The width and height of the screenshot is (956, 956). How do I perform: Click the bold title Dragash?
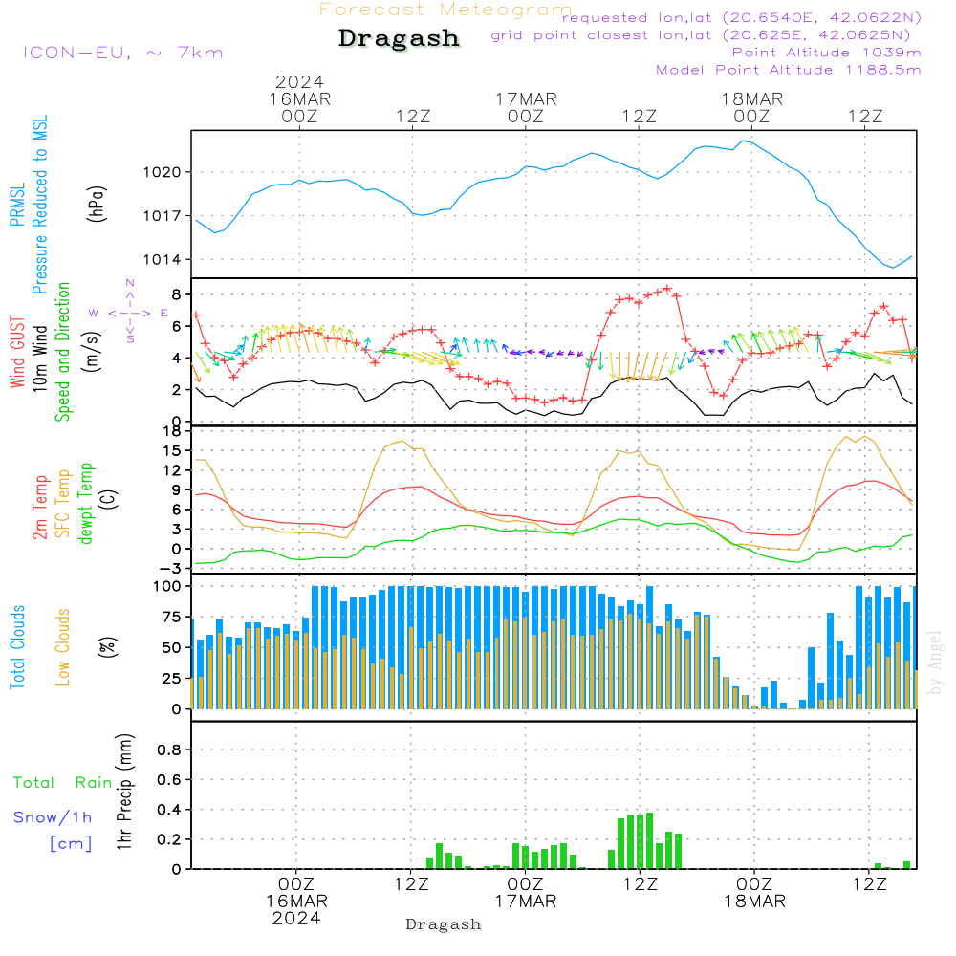tap(399, 39)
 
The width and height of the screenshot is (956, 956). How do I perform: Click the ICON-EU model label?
tap(122, 53)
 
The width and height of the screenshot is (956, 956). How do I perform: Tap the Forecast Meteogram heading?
tap(445, 10)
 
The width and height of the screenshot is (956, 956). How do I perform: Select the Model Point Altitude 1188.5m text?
tap(789, 70)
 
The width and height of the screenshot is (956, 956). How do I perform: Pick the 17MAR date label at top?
tap(526, 98)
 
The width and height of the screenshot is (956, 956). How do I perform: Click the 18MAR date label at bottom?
tap(753, 902)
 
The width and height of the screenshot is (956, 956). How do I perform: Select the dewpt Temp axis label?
tap(86, 504)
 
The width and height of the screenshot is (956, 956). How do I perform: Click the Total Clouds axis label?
tap(18, 647)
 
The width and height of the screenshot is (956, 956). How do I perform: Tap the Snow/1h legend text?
tap(53, 817)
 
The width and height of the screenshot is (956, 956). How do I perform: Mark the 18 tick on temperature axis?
tap(173, 431)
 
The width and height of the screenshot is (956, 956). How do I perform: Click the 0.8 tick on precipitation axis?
tap(169, 750)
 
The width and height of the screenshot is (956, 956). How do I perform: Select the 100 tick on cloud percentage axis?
tap(168, 586)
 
